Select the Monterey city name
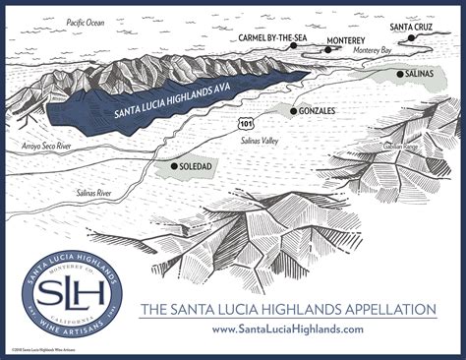345,40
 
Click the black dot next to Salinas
400,74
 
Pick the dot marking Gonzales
293,111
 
